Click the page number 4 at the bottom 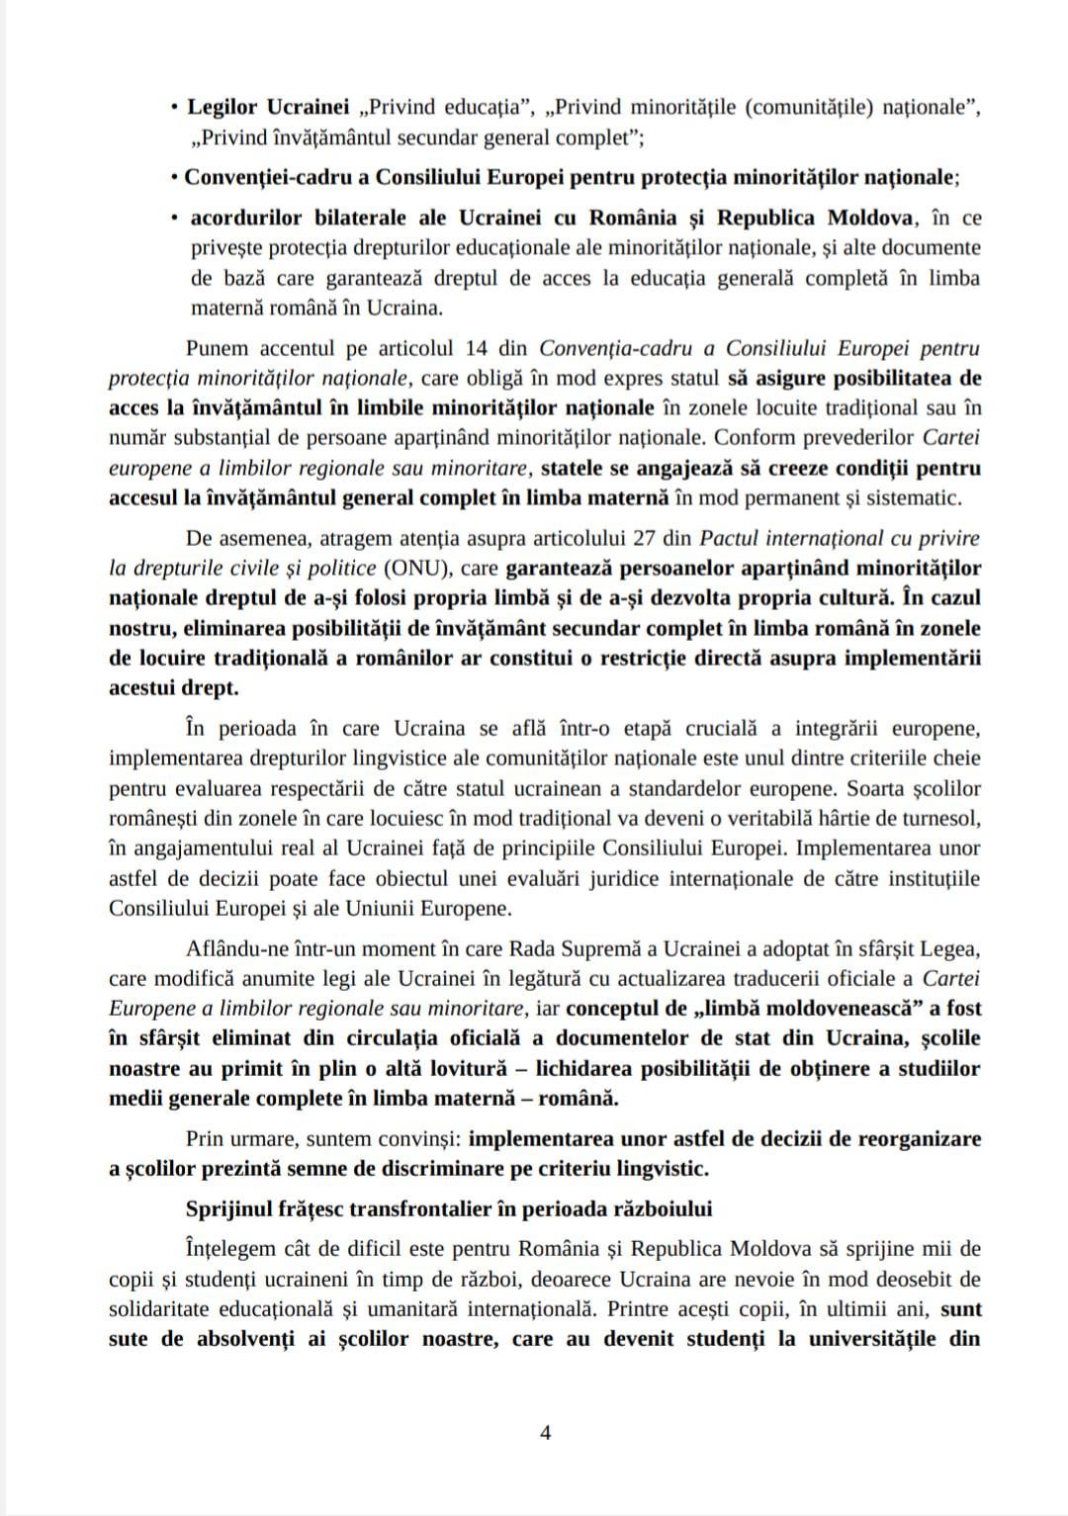tap(545, 1432)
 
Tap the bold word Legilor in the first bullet tap(221, 107)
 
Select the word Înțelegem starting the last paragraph tap(234, 1248)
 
